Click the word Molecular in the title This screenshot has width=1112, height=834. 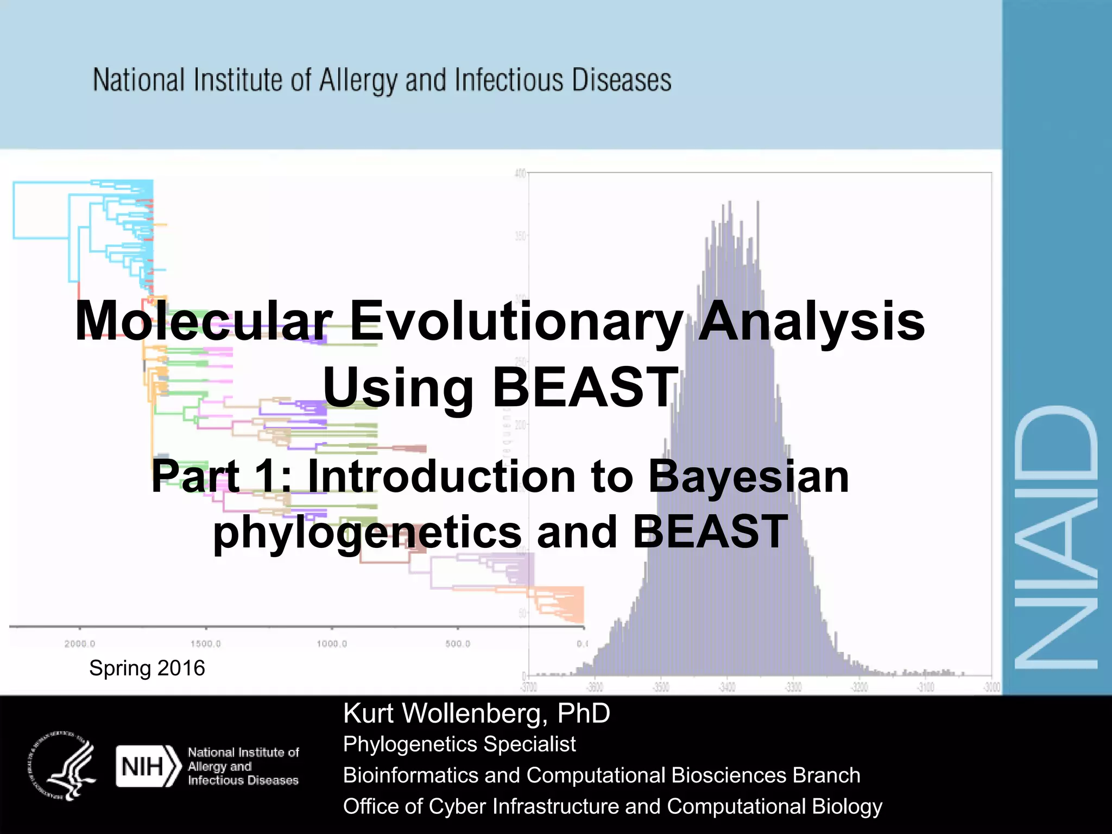click(204, 321)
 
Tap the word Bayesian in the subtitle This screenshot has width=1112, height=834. click(748, 477)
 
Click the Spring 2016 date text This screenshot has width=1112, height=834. click(147, 668)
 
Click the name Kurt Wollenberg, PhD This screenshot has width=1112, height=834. click(476, 713)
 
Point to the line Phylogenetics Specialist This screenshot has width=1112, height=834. click(459, 744)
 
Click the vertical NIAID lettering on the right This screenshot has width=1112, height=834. click(1056, 538)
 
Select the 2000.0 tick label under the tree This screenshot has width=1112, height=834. click(80, 644)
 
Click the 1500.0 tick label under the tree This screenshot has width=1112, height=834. click(206, 644)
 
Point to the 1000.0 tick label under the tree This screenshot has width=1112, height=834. click(332, 644)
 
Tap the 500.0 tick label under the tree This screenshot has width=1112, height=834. click(458, 644)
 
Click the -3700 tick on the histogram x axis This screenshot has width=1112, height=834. click(529, 688)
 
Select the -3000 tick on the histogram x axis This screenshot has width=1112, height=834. click(992, 688)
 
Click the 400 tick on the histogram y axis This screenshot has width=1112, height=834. click(520, 173)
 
